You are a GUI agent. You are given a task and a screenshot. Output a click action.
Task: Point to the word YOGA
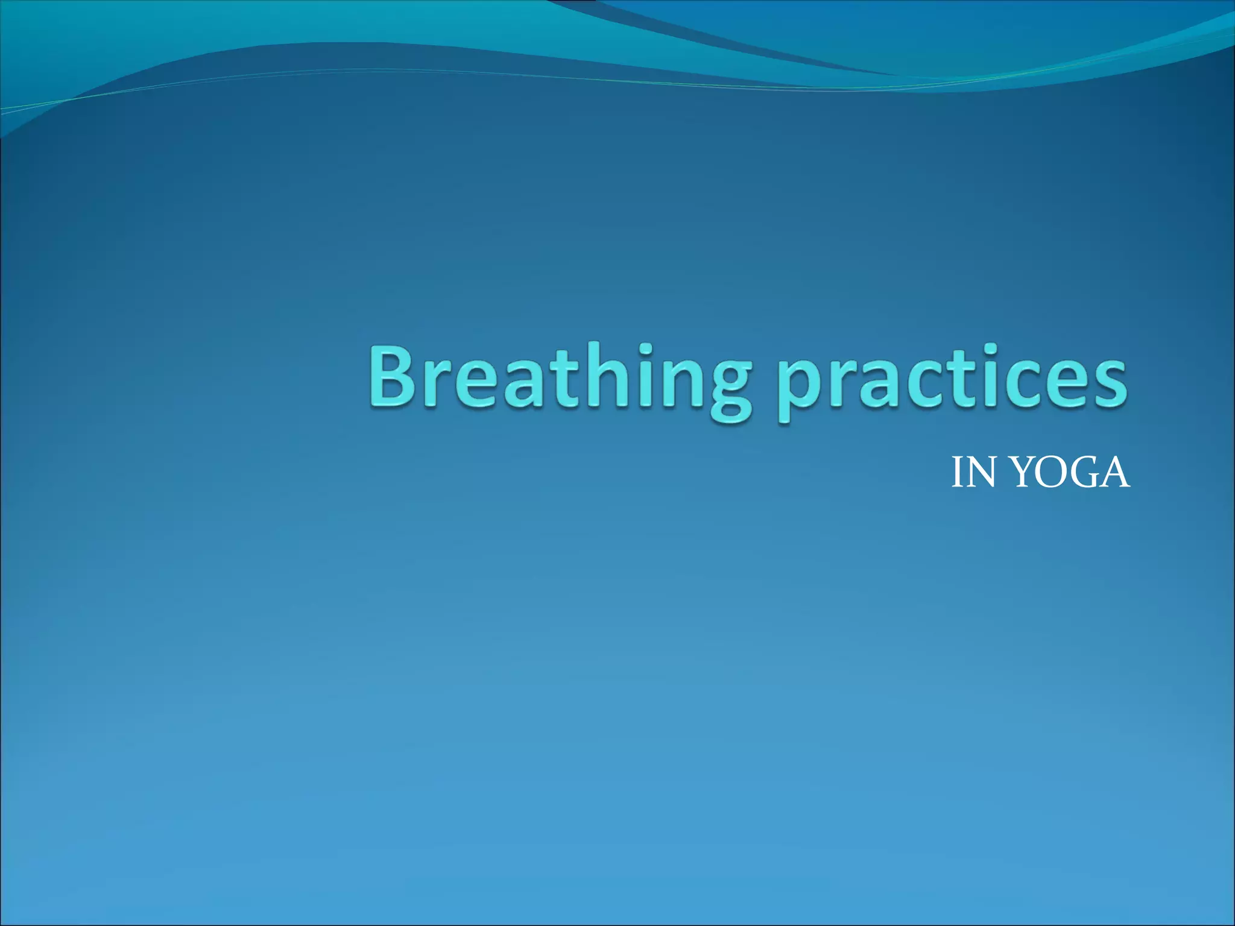point(1069,473)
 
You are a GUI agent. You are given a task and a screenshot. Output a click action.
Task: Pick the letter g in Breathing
point(728,389)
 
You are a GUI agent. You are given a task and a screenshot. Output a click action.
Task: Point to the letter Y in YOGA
point(1022,473)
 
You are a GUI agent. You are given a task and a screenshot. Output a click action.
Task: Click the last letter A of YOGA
point(1113,473)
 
